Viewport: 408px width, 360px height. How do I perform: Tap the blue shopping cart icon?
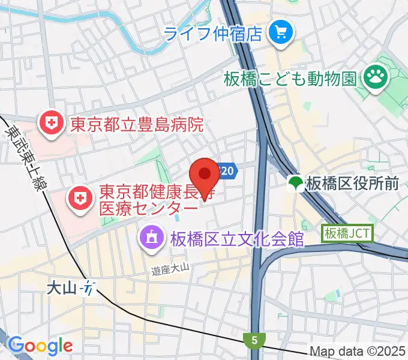point(280,31)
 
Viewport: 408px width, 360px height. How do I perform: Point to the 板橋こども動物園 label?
point(290,77)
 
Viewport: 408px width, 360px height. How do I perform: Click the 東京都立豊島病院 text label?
point(136,125)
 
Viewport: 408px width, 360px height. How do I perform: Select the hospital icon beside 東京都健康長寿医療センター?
point(79,196)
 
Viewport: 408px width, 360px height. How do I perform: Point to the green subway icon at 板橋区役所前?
point(295,184)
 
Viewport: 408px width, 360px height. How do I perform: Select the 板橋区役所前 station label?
point(351,184)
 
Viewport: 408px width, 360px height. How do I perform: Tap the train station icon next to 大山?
point(89,288)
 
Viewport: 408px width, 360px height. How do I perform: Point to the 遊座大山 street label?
point(170,272)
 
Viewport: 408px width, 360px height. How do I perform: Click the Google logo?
point(40,345)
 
